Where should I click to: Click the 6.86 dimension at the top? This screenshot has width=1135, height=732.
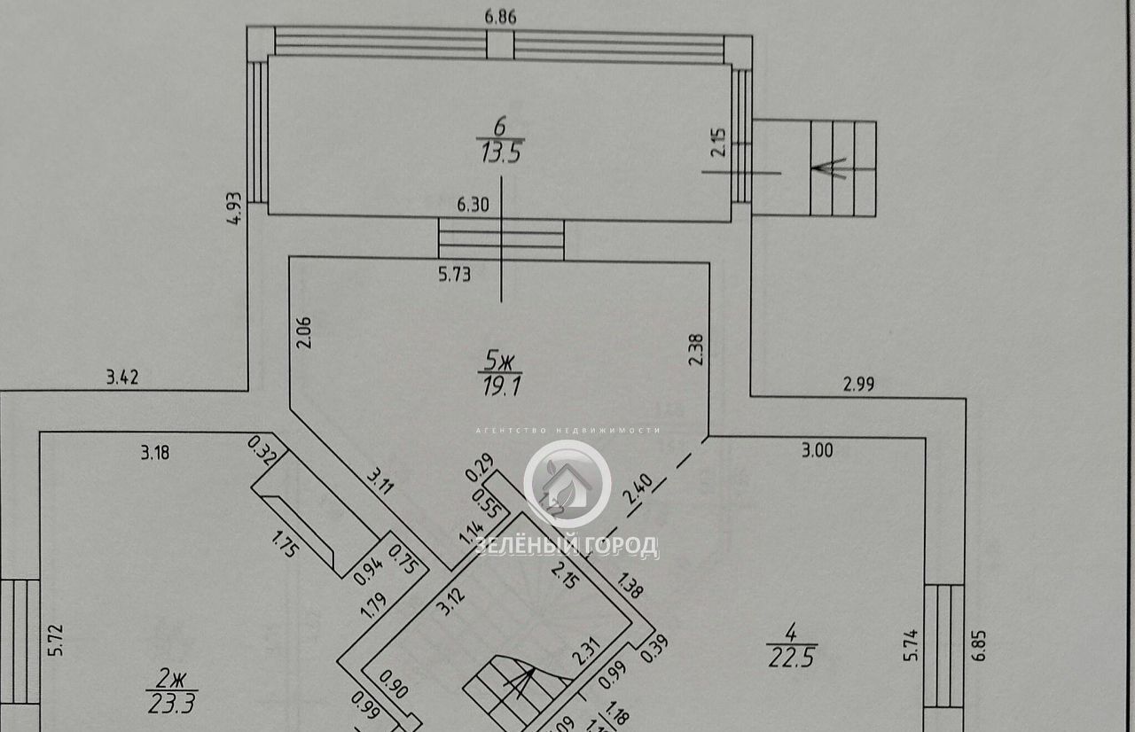[501, 16]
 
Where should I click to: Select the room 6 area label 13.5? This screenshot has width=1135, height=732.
[501, 152]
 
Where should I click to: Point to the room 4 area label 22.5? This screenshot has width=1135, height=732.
[791, 647]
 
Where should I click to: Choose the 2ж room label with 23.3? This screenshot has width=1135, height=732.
[173, 694]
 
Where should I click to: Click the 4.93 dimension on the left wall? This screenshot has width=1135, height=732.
[235, 209]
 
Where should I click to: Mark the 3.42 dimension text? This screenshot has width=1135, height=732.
[122, 378]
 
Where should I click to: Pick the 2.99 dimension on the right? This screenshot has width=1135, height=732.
[857, 384]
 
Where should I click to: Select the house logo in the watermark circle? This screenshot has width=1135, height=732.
[567, 484]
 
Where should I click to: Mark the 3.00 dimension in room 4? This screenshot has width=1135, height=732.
[817, 450]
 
